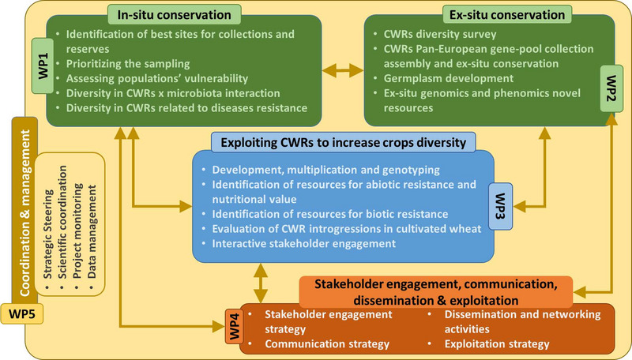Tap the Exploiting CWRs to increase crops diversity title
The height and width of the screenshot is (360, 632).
(343, 141)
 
